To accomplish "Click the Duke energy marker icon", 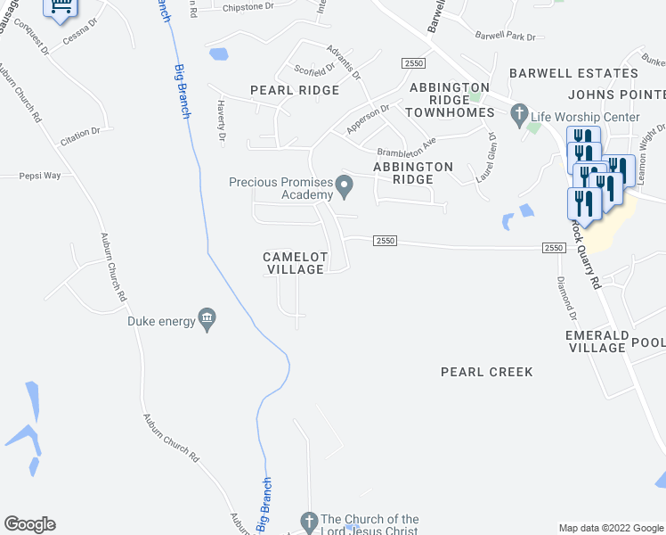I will pyautogui.click(x=207, y=319).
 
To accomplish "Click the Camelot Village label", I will pyautogui.click(x=296, y=263).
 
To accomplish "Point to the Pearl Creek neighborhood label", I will pyautogui.click(x=486, y=372).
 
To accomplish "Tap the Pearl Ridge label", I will pyautogui.click(x=295, y=90).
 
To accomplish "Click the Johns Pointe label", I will pyautogui.click(x=615, y=95).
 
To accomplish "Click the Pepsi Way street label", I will pyautogui.click(x=41, y=176).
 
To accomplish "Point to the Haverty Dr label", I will pyautogui.click(x=222, y=120).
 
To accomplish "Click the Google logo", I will pyautogui.click(x=29, y=524).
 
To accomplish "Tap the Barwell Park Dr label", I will pyautogui.click(x=506, y=37).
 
